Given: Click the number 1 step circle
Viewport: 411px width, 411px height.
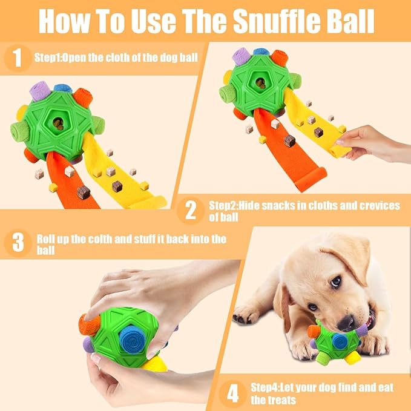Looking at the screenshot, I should point(18,59).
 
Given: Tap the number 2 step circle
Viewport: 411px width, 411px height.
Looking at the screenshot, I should point(191,211).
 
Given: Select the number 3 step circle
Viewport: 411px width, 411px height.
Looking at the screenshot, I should point(18,243).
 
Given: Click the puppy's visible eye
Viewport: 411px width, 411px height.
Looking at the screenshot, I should point(335,281).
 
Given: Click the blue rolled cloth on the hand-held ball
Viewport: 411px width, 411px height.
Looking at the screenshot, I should point(131,337).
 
